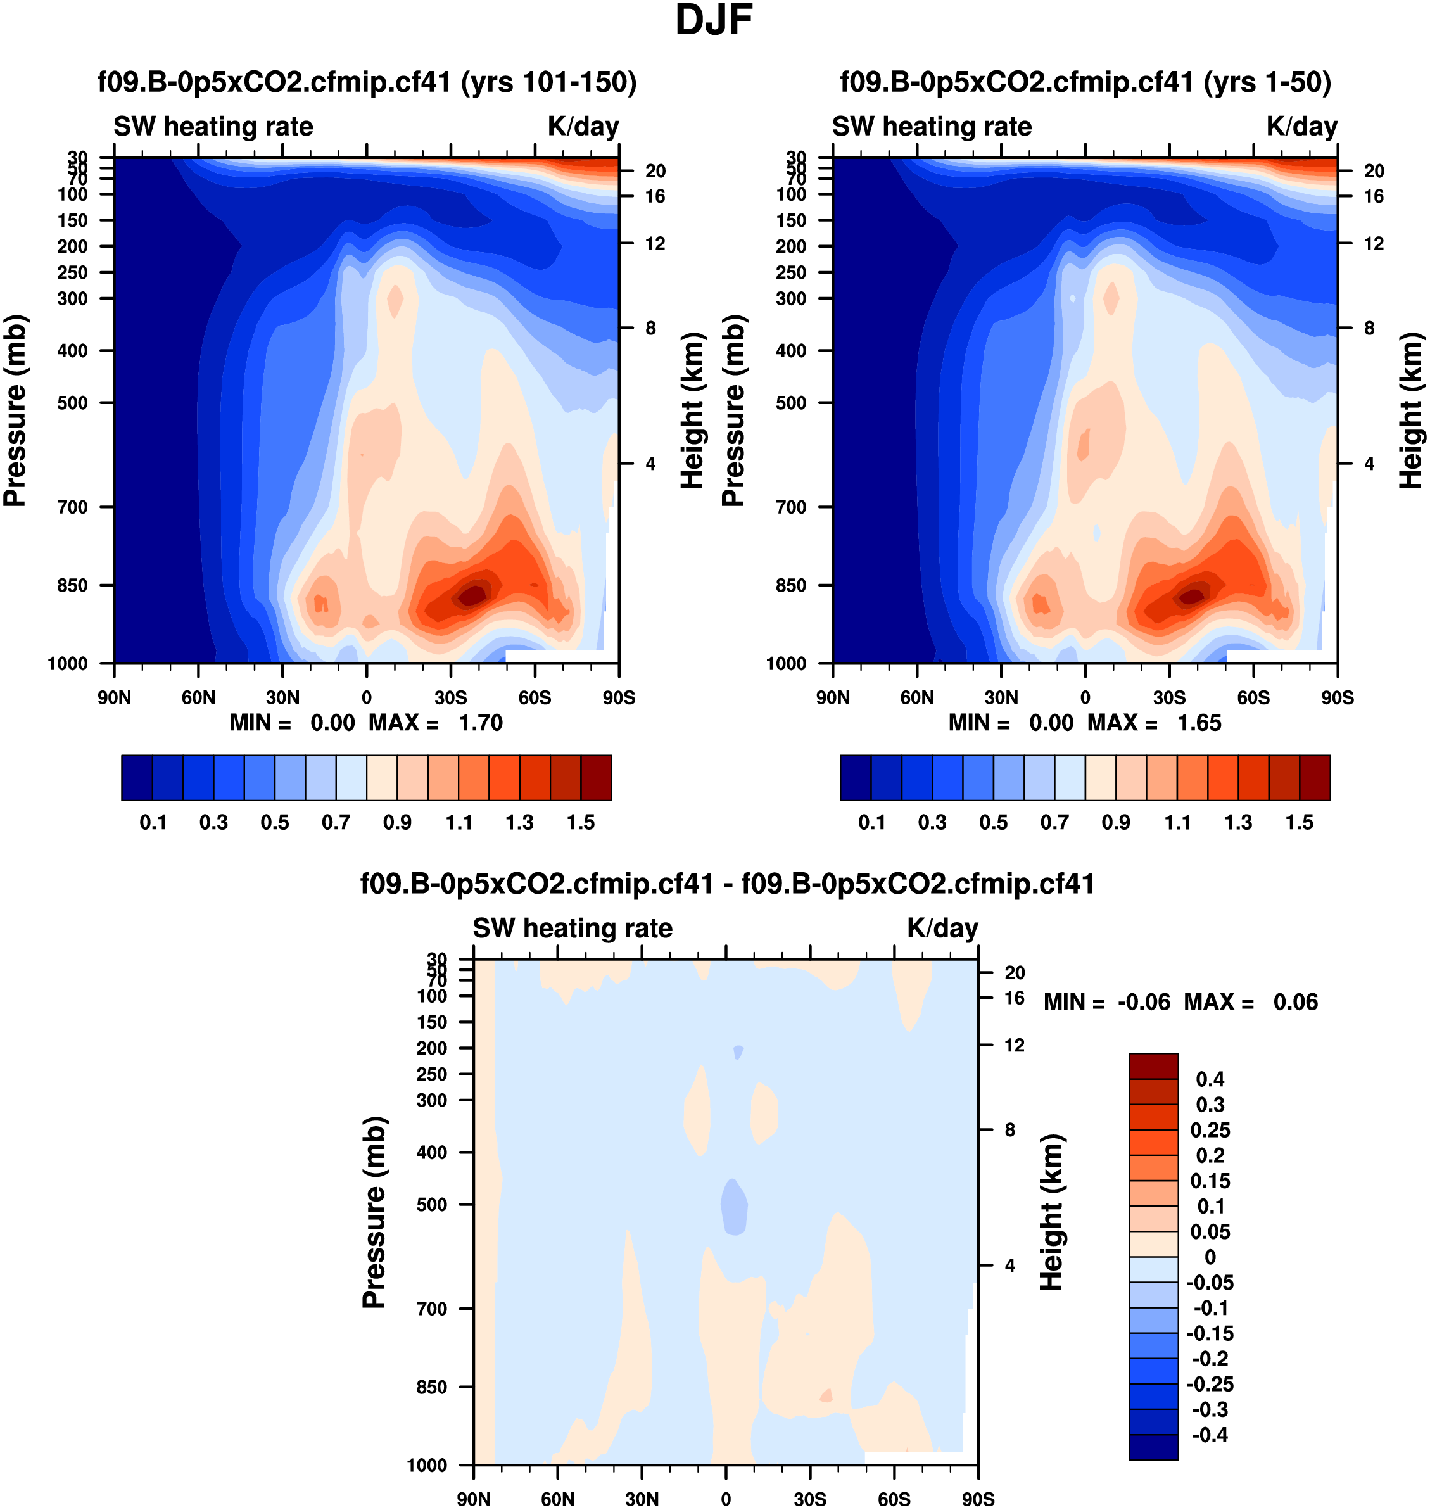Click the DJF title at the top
click(x=714, y=20)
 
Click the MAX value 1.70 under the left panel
click(x=480, y=723)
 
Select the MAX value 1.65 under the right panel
click(x=1199, y=723)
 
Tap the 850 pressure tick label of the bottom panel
click(x=431, y=1386)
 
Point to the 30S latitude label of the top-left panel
click(x=450, y=697)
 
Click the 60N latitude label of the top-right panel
click(x=917, y=697)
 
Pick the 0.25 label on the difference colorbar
click(x=1210, y=1129)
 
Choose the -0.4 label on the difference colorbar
click(x=1210, y=1435)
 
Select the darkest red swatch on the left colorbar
click(x=596, y=778)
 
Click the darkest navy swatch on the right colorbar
click(x=855, y=778)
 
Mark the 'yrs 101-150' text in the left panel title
click(x=549, y=82)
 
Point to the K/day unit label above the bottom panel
click(x=942, y=929)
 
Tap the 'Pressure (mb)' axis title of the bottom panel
click(x=374, y=1212)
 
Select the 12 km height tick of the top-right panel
click(x=1374, y=244)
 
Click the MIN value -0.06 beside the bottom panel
click(x=1143, y=1001)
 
